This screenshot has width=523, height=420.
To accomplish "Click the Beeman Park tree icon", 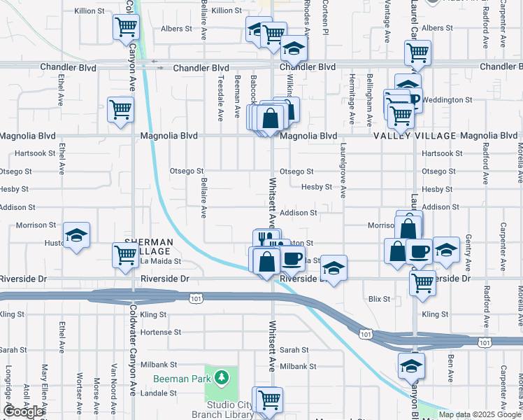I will pyautogui.click(x=222, y=379).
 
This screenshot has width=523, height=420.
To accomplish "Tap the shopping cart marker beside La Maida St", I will pyautogui.click(x=126, y=255).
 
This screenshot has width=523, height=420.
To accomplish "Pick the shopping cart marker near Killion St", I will pyautogui.click(x=127, y=27).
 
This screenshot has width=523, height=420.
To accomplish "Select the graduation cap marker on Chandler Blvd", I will pyautogui.click(x=294, y=48).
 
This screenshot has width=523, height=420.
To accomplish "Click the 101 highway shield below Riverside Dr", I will pyautogui.click(x=196, y=298).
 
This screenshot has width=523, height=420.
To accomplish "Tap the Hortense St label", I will pyautogui.click(x=161, y=332).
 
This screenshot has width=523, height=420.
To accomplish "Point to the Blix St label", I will pyautogui.click(x=379, y=299).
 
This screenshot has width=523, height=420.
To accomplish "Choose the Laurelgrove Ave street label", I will pyautogui.click(x=343, y=171).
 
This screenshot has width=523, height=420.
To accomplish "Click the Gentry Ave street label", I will pyautogui.click(x=468, y=248).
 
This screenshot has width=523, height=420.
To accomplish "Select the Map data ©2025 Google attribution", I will pyautogui.click(x=480, y=414).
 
